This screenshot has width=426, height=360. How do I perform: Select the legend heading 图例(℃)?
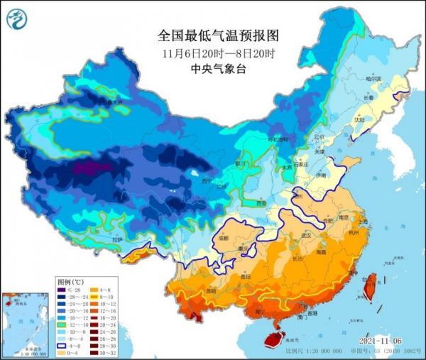point(70,283)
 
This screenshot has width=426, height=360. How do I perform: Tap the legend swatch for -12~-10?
point(62,325)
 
